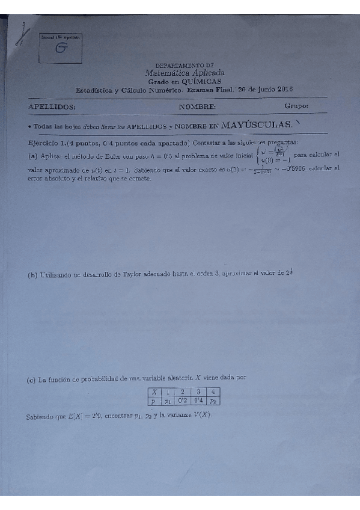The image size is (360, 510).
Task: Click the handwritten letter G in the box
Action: pos(61,49)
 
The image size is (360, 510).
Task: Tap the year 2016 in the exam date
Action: pos(281,89)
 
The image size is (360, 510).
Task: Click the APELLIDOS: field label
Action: pos(52,106)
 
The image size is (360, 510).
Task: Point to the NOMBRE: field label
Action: pos(197,106)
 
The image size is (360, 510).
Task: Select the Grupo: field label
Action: pos(296,106)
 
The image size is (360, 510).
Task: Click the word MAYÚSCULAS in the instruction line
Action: pos(256,126)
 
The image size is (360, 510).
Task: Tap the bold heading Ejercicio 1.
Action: pos(47,143)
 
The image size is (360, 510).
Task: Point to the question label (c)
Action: pos(32,380)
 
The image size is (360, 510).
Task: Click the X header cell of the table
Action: pos(154,392)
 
